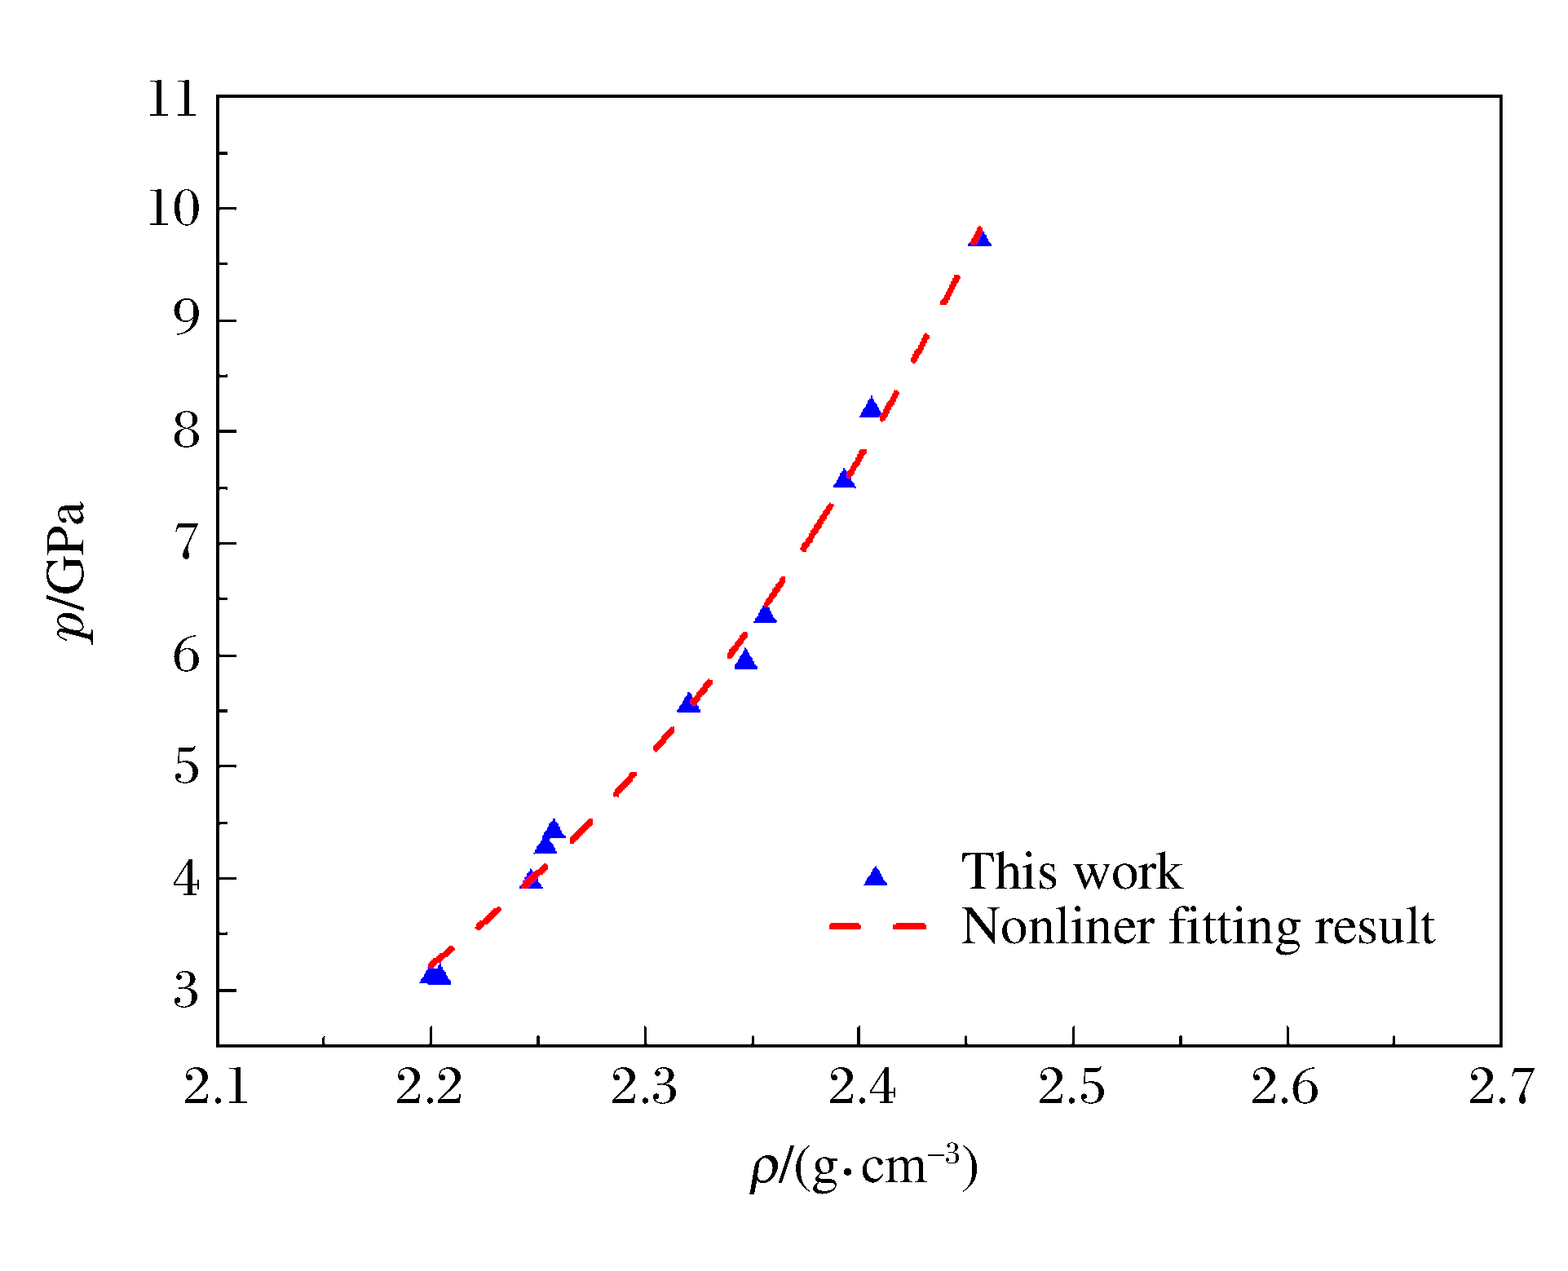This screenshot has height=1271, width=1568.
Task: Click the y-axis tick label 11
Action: pos(173,100)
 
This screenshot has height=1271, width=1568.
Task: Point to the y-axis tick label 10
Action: pos(173,210)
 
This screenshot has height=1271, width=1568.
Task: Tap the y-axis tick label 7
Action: pos(186,543)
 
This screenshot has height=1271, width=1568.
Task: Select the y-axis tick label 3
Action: pos(186,991)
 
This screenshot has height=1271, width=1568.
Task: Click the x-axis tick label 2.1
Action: pos(217,1088)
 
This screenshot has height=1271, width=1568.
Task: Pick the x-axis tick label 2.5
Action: pos(1071,1088)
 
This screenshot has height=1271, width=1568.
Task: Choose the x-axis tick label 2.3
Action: pos(644,1088)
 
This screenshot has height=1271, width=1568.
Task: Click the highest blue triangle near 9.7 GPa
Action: pos(980,237)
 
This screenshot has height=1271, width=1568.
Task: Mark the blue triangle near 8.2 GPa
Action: pos(871,408)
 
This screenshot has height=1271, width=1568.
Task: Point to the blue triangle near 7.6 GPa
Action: pos(845,479)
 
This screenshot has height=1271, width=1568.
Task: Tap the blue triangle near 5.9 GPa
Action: pos(745,660)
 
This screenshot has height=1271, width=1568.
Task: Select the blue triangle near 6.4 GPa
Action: pos(765,613)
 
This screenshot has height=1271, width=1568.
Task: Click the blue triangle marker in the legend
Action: pos(876,876)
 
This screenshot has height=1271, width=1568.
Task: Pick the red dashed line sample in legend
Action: pos(877,926)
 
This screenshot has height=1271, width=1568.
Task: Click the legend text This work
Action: pos(1071,871)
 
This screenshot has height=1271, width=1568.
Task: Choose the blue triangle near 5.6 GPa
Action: pos(689,703)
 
